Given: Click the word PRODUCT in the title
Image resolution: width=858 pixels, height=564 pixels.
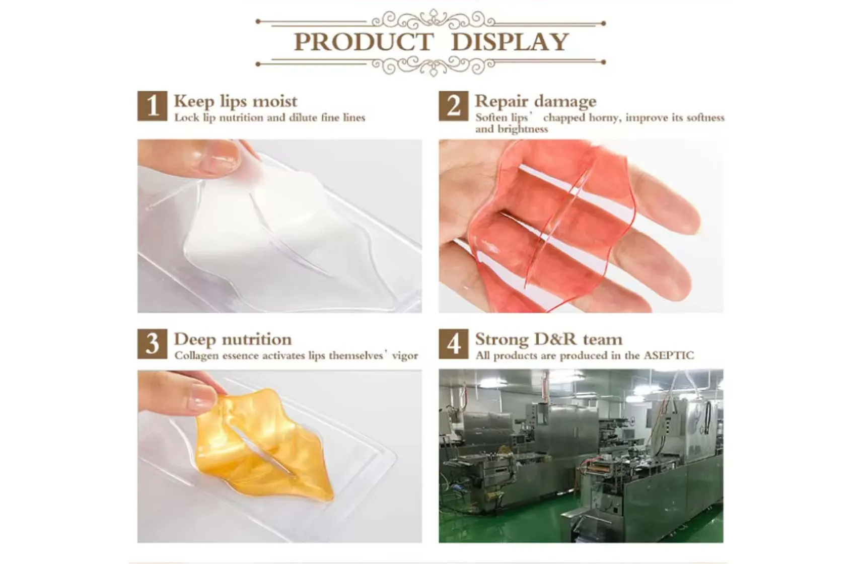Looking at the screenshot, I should [363, 42].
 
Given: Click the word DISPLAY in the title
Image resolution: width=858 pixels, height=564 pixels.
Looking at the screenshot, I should [510, 42].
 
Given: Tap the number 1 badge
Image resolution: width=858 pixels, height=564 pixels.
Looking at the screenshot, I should [152, 106].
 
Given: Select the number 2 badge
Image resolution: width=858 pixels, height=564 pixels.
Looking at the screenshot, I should [453, 106].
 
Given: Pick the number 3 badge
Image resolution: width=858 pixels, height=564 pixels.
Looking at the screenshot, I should [152, 344].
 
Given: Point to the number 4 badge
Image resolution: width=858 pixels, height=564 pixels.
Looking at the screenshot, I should [453, 344].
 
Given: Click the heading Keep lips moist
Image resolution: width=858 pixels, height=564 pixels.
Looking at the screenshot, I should [235, 102].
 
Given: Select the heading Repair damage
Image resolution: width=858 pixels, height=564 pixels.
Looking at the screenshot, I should [535, 102].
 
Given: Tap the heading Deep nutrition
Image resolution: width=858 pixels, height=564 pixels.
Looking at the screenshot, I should [233, 339].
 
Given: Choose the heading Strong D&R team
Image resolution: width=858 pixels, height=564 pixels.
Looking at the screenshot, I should [548, 339].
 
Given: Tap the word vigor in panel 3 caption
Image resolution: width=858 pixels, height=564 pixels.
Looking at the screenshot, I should [405, 356].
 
